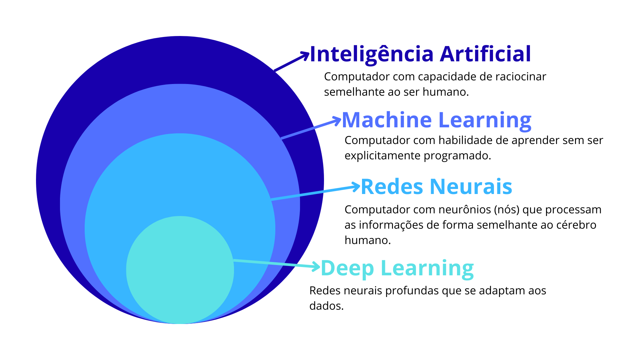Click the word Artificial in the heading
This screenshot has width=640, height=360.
(x=485, y=54)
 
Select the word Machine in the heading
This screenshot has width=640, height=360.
(x=387, y=120)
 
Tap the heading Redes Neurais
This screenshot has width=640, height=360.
(x=436, y=187)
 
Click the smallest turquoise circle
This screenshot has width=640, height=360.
(x=180, y=270)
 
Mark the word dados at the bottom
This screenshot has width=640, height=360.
(x=326, y=306)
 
